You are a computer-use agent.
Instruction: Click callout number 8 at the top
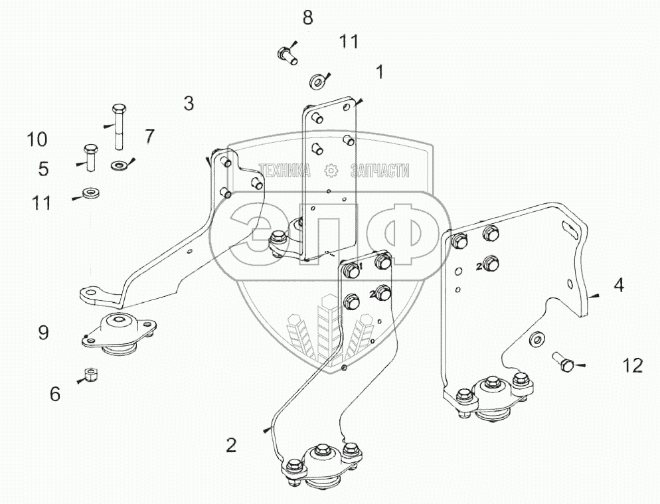(307, 18)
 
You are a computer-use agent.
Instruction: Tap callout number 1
(380, 72)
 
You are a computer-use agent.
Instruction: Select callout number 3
(189, 104)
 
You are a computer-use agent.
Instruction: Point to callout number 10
(37, 139)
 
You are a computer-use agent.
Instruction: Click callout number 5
(43, 169)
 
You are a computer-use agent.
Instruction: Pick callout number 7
(149, 137)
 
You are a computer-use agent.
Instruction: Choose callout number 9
(43, 332)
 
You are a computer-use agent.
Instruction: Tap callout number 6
(55, 394)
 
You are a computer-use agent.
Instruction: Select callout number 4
(619, 286)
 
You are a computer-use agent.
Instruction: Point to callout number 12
(632, 365)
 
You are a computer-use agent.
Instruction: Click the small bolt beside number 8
(286, 52)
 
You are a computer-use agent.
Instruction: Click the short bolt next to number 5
(90, 154)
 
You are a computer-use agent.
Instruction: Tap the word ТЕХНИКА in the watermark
(284, 171)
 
